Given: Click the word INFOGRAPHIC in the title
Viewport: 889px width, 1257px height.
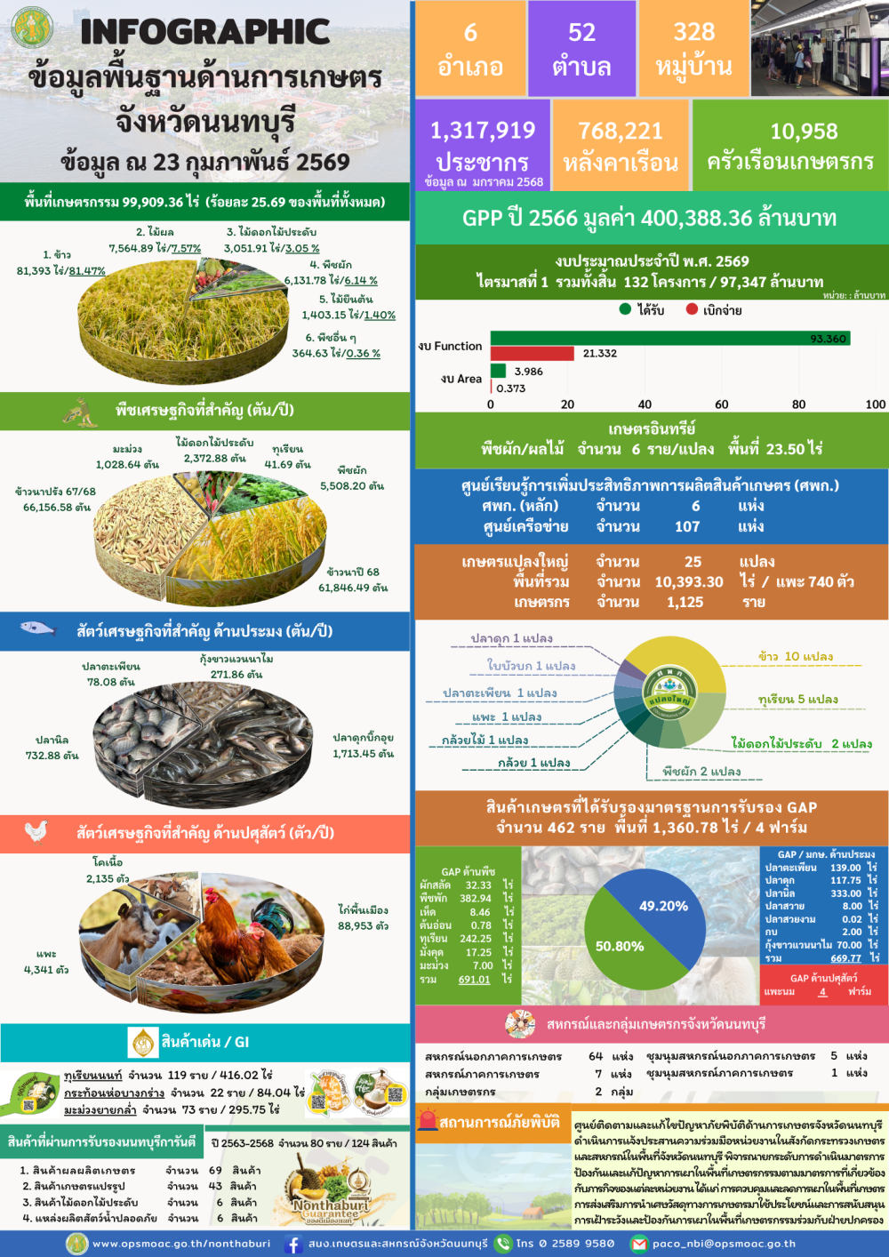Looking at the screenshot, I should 205,32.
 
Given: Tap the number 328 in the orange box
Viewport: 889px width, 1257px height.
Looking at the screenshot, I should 693,33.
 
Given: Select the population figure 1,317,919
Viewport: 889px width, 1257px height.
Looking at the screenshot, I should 483,131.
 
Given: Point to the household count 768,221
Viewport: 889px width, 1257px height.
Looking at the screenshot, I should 621,132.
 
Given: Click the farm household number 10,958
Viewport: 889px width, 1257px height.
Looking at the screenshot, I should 804,132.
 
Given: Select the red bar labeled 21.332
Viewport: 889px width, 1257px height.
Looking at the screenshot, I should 532,353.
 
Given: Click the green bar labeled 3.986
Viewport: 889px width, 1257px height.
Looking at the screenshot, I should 498,371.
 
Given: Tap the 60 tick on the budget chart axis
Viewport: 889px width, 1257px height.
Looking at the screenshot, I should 721,404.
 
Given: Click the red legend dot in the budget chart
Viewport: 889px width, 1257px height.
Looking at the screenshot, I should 692,309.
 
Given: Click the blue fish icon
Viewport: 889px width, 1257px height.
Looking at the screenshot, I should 37,628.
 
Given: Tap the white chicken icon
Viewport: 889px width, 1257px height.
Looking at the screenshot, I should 36,831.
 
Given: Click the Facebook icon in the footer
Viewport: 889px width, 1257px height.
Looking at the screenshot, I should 292,1245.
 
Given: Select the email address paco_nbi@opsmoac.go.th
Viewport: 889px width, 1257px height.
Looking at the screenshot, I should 724,1244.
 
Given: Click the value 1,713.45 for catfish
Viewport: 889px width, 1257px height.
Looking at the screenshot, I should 363,754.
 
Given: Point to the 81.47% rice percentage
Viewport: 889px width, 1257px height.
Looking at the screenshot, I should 87,271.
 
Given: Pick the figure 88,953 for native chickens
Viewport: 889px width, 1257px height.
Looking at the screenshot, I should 363,925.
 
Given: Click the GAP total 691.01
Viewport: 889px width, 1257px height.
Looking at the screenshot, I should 474,980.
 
